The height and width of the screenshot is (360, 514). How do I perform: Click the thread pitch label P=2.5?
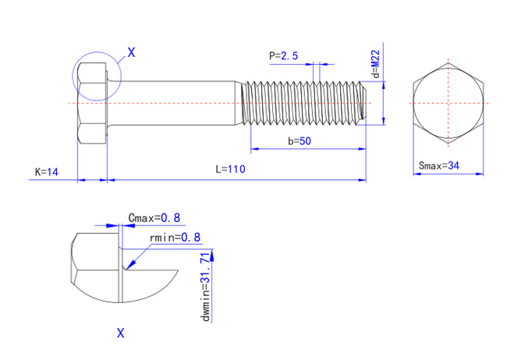(284, 55)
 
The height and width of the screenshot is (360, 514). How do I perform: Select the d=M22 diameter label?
(376, 64)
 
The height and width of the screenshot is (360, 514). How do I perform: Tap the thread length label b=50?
(300, 141)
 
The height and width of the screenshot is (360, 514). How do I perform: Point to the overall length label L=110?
(230, 169)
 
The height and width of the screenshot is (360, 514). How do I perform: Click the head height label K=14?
(47, 172)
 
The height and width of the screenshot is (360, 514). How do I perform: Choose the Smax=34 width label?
(439, 165)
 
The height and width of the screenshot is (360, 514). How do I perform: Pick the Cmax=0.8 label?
(154, 218)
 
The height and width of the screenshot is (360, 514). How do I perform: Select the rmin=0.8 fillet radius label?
(175, 237)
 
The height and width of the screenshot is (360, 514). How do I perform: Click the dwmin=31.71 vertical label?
(206, 287)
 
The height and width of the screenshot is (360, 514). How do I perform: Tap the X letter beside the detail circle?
(131, 52)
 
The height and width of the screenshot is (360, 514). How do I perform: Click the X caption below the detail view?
(121, 334)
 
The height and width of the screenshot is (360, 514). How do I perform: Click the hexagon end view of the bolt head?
(448, 103)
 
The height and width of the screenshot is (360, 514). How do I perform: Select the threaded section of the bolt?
(303, 103)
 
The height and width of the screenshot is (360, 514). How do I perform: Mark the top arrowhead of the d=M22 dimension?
(384, 85)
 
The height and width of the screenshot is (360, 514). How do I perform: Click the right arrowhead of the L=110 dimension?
(362, 180)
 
